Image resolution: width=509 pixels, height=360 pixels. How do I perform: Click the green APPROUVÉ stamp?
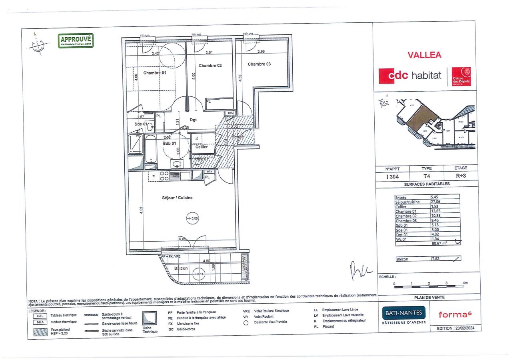pos(76,40)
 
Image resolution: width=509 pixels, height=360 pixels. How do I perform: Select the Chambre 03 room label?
pos(259,64)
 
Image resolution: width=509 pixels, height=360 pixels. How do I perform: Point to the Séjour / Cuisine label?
pos(177,198)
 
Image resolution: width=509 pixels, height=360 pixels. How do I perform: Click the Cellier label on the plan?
pos(202,147)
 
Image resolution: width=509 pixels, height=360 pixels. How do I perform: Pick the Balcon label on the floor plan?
pos(181,268)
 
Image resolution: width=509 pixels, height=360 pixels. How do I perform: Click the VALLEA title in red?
pos(424,55)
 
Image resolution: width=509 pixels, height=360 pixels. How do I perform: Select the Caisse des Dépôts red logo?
pos(461,76)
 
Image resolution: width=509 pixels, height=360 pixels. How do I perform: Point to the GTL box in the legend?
pos(39,315)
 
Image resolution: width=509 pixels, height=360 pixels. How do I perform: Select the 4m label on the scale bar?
pos(465,283)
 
